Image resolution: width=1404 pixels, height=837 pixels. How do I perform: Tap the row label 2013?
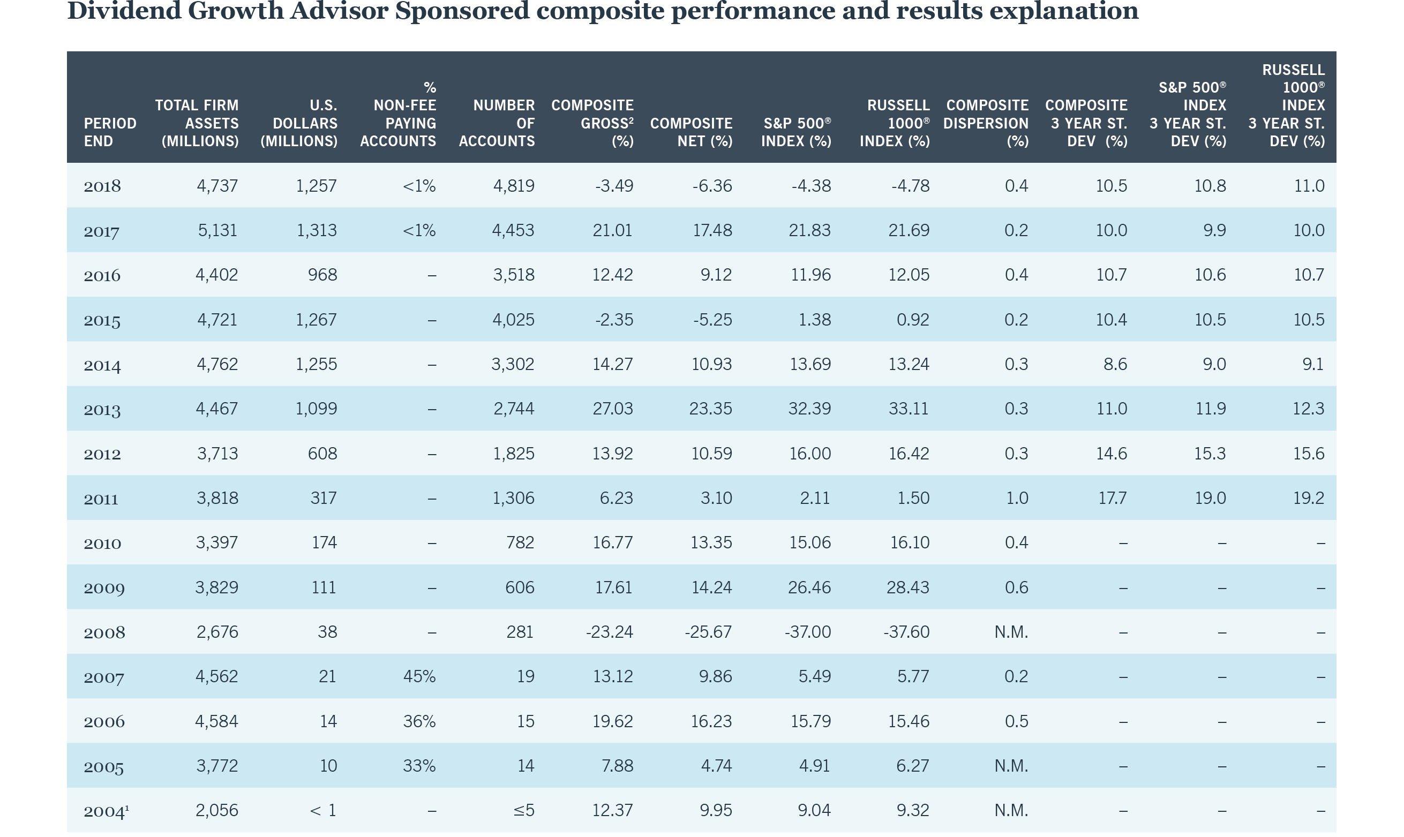coord(102,410)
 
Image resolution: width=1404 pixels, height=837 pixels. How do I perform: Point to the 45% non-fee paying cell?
coord(419,676)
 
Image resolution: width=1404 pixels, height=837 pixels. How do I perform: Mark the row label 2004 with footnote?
coord(106,811)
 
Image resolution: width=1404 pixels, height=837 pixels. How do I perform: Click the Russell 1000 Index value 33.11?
coord(908,409)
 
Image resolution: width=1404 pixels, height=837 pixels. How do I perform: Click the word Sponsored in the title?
coord(462,11)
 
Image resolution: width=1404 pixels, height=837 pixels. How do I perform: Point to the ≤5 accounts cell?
coord(523,810)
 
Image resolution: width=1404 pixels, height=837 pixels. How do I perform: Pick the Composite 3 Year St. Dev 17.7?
coord(1113,498)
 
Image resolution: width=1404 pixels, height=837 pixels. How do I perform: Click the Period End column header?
coord(110,132)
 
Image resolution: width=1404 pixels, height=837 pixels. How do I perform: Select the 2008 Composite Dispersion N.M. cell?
coord(1011,632)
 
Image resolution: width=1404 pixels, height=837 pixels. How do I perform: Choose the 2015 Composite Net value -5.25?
coord(712,320)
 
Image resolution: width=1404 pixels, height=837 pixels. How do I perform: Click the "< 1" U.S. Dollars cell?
coord(323,810)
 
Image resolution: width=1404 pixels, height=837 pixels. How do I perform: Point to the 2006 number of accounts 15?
coord(525,721)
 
